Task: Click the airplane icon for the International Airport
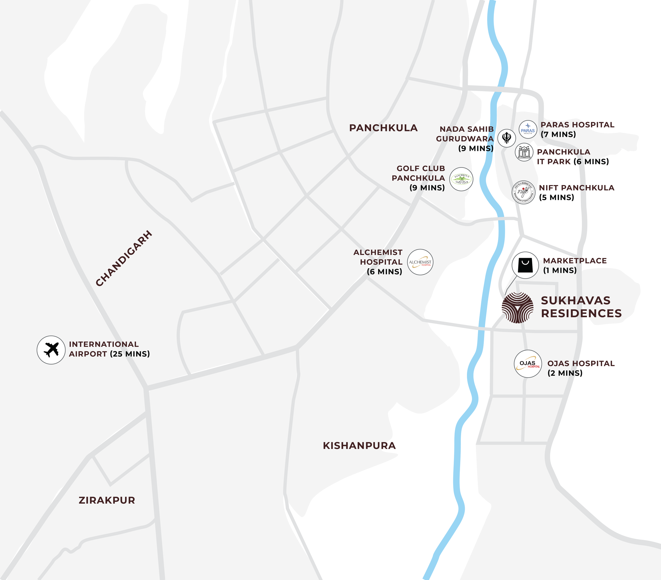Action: tap(51, 350)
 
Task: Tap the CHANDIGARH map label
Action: tap(124, 258)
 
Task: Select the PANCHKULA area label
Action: tap(383, 128)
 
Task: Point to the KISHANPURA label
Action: tap(359, 446)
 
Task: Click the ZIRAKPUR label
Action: tap(107, 500)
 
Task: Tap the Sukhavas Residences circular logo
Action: tap(517, 307)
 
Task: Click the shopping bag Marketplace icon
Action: tap(525, 265)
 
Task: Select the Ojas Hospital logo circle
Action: tap(528, 364)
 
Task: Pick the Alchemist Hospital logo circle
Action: tap(420, 262)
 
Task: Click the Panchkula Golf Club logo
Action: tap(461, 179)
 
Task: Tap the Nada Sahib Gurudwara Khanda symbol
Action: tap(506, 138)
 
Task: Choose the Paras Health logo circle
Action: tap(528, 129)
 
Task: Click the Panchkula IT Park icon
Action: tap(524, 152)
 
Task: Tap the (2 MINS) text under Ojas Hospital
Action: tap(565, 373)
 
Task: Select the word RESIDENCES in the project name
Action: tap(581, 314)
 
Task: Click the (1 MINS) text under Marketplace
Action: tap(560, 271)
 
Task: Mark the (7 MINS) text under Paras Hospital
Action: tap(558, 135)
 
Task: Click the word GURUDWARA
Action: tap(465, 139)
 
